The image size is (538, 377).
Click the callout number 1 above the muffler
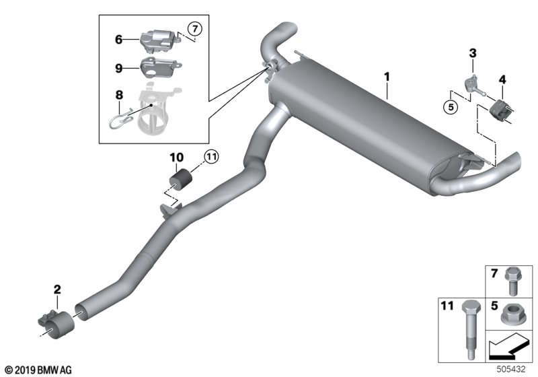pos(387,77)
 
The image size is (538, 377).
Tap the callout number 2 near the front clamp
pos(57,289)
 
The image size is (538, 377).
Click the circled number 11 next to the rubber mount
pos(213,158)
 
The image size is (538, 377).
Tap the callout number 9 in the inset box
pos(118,67)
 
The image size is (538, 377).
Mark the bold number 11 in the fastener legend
pos(447,306)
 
